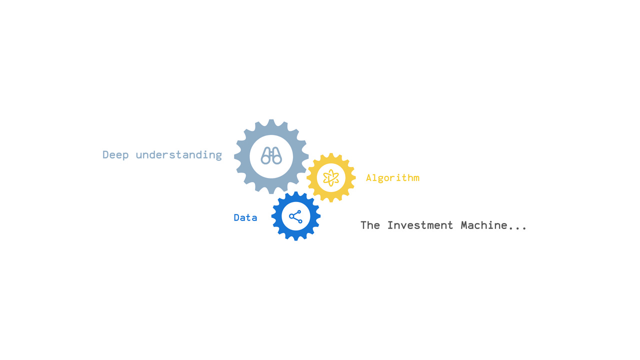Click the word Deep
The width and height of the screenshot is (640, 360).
coord(115,155)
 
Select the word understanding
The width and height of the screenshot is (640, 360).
coord(178,155)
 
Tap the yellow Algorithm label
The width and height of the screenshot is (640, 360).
coord(392,177)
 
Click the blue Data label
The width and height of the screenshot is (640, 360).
coord(245,217)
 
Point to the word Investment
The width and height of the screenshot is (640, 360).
coord(420,225)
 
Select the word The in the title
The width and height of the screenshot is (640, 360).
coord(370,225)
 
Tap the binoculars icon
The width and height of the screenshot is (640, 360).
coord(271,156)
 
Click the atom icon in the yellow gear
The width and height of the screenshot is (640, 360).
coord(331,177)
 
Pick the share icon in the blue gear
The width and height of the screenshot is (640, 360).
coord(295,216)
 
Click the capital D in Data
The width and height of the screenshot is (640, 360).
coord(237,217)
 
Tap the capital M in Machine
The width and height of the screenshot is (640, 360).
coord(464,225)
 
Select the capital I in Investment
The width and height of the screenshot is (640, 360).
coord(390,225)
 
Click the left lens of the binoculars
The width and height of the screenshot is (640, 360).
coord(265,159)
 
